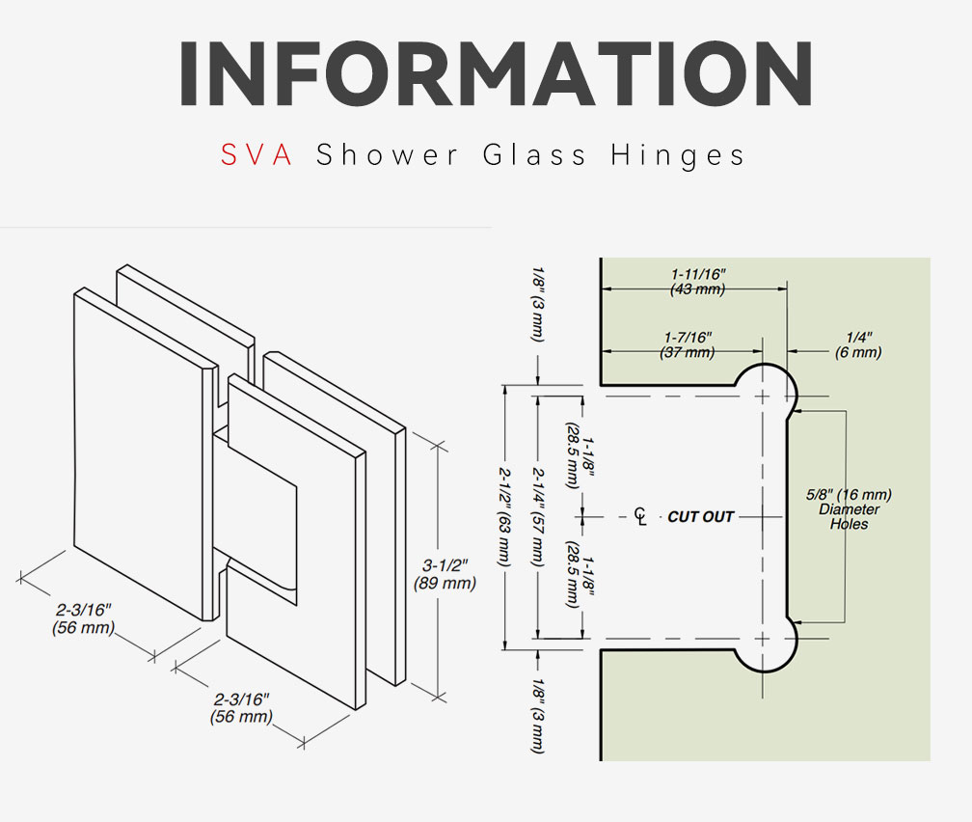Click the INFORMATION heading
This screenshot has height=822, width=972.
pos(496,73)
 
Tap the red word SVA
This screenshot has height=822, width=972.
pos(256,154)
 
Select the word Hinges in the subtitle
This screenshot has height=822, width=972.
pos(678,155)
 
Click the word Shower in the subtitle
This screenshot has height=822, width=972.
pos(387,154)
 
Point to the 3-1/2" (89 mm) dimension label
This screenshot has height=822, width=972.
pos(445,574)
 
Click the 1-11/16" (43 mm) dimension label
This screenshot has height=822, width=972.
pos(698,282)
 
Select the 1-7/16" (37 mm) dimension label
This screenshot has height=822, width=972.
pos(688,345)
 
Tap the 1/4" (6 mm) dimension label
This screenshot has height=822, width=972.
pos(858,345)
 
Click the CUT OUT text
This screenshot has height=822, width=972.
pos(700,517)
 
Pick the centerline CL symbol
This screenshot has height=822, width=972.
pos(640,516)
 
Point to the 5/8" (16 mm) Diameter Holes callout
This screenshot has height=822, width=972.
pos(849,509)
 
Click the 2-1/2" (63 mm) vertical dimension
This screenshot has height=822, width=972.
pos(505,516)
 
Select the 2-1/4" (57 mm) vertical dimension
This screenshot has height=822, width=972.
pos(538,516)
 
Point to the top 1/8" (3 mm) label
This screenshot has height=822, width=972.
pos(538,304)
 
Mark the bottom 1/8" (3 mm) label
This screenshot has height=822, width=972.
pos(538,716)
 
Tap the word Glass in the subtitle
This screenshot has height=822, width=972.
pos(534,154)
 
